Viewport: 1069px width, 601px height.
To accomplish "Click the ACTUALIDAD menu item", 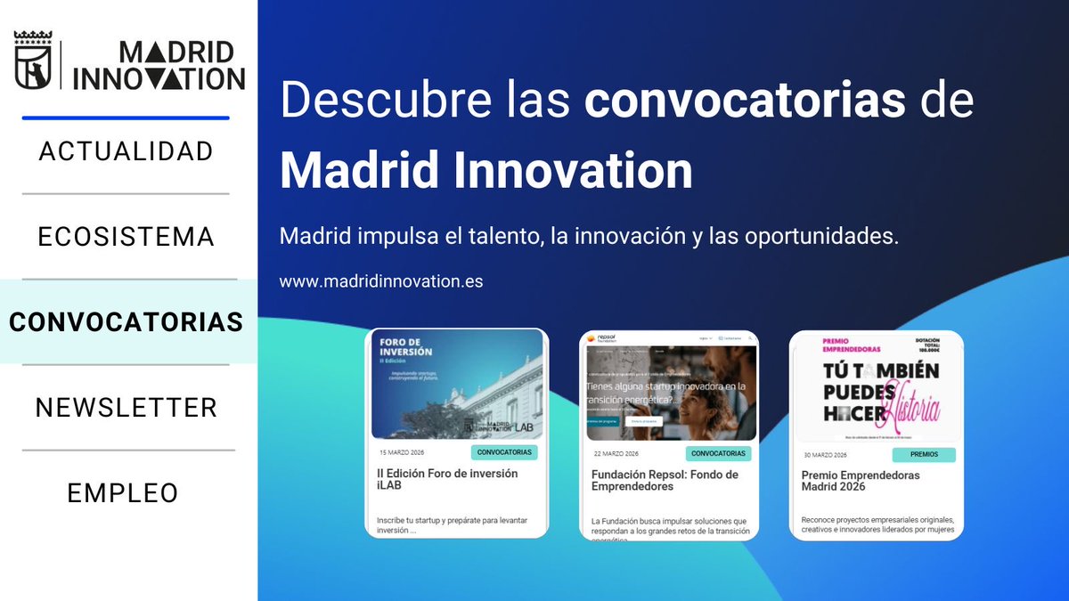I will tap(126, 150).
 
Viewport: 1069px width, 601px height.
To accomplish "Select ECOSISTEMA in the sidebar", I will tap(126, 237).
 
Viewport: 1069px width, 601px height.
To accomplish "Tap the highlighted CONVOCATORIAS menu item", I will tap(126, 321).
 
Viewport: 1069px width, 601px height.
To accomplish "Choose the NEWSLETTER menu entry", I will tap(126, 408).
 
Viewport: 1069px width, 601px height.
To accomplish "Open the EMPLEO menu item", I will tap(123, 492).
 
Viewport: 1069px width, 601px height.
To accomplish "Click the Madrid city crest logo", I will tap(34, 61).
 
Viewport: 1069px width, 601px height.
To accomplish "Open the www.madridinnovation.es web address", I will tap(381, 281).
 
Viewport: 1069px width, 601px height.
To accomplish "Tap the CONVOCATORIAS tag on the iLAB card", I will tap(504, 452).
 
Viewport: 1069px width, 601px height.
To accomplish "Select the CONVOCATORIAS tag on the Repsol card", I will tap(718, 453).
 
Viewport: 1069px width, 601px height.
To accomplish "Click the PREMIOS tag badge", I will tap(924, 454).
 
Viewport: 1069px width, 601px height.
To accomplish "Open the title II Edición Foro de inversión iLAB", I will tap(446, 480).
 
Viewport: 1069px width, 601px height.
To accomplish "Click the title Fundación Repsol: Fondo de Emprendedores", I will tap(665, 481).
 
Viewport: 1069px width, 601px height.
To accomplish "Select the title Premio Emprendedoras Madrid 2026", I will tap(860, 482).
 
